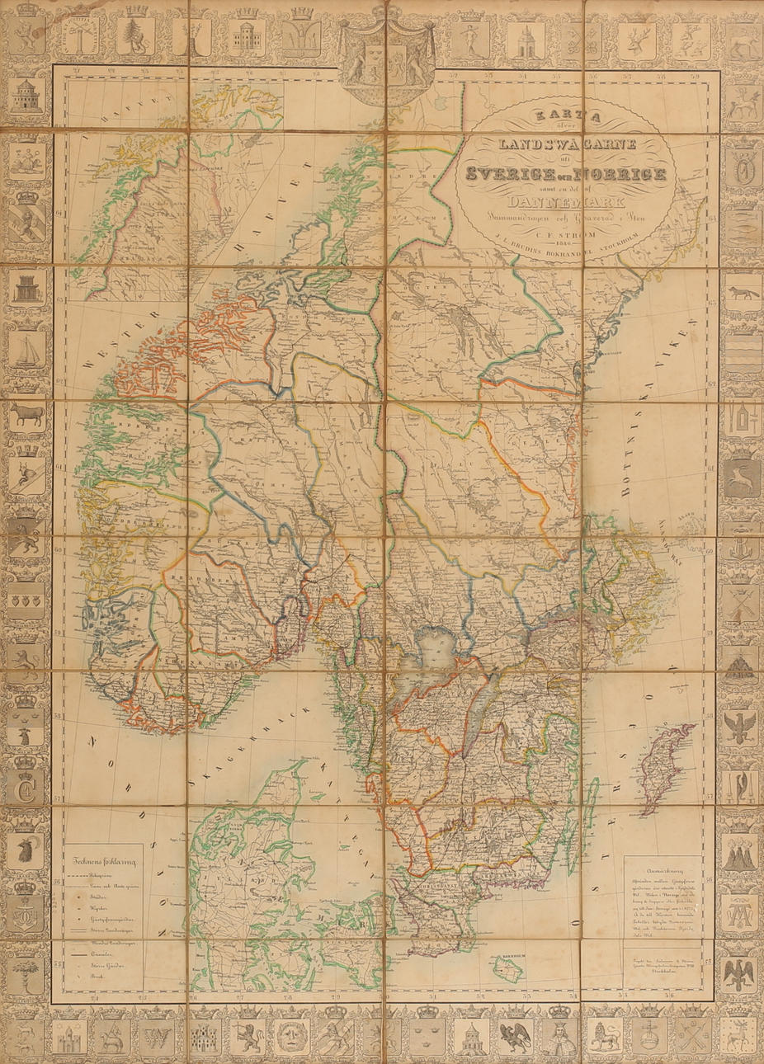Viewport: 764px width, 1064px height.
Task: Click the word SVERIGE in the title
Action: [512, 173]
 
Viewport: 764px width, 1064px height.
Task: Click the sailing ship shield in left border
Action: [27, 351]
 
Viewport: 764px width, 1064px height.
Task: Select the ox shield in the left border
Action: [27, 413]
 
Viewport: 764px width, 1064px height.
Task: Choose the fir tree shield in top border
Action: [134, 35]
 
